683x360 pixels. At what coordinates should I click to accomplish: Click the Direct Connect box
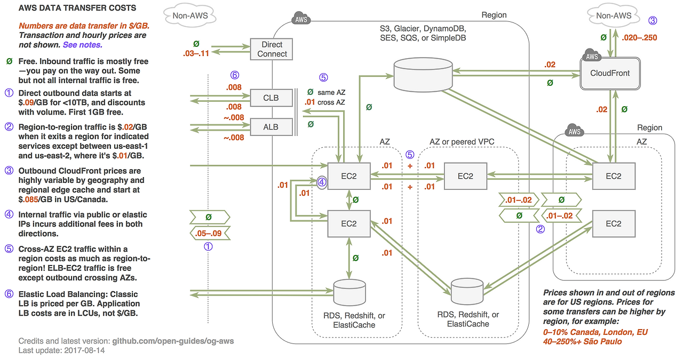pos(272,49)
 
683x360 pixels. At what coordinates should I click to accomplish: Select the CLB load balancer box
pos(271,98)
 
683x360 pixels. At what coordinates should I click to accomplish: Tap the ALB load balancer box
pos(271,127)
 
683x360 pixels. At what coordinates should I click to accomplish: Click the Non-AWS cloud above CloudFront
pos(613,16)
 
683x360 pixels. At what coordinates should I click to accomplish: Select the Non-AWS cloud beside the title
pos(190,16)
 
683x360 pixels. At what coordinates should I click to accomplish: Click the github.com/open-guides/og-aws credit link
pos(173,341)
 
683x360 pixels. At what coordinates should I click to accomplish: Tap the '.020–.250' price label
pos(640,38)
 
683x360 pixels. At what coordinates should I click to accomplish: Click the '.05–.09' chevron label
pos(209,233)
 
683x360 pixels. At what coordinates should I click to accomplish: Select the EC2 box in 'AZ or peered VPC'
pos(465,177)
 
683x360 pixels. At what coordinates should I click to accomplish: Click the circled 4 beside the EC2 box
pos(322,182)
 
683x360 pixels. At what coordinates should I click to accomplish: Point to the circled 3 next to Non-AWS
pos(653,21)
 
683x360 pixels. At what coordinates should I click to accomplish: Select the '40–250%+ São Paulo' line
pos(582,341)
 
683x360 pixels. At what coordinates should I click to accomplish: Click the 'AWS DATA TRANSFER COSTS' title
pos(77,8)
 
